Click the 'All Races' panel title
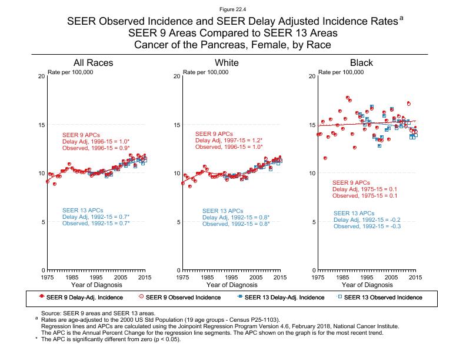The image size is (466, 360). [x=93, y=63]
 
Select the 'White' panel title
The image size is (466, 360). [x=227, y=63]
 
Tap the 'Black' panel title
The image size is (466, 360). [x=361, y=63]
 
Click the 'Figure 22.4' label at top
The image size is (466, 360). [x=233, y=9]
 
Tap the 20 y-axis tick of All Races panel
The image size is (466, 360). [x=41, y=77]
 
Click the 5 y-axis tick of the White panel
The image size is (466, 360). [x=177, y=222]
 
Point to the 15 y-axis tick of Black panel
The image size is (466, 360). [x=311, y=125]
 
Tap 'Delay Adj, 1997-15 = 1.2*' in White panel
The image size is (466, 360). [x=228, y=141]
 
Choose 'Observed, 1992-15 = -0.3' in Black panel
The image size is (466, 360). [x=367, y=226]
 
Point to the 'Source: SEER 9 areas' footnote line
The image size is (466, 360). [x=97, y=314]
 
